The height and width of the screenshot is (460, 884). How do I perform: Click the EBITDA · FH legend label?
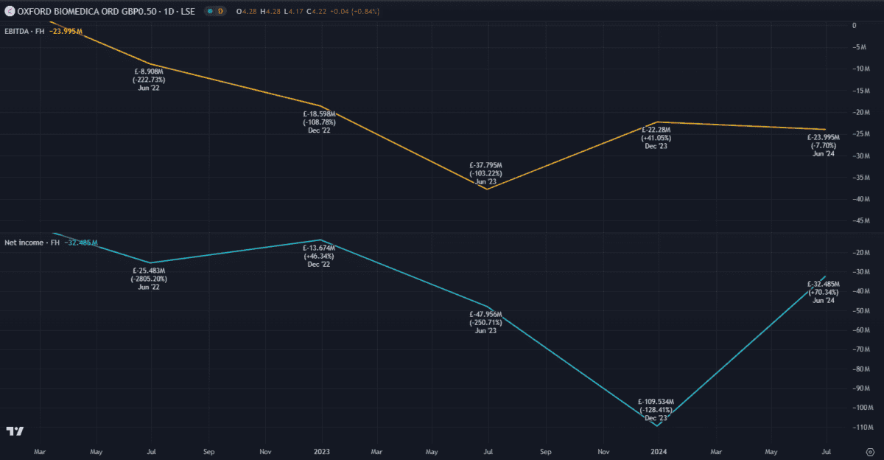[x=24, y=31]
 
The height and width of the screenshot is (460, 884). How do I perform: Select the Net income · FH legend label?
[x=31, y=242]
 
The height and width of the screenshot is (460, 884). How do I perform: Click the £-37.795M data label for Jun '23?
[x=485, y=166]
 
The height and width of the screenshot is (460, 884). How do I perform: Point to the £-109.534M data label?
[x=656, y=402]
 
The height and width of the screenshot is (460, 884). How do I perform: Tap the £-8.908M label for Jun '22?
[x=150, y=72]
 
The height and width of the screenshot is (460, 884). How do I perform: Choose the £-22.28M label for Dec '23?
[x=656, y=130]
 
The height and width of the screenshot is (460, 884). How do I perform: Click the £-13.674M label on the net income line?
[x=320, y=248]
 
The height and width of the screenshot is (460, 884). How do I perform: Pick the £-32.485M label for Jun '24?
[x=824, y=285]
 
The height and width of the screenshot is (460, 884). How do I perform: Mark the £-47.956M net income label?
[x=487, y=315]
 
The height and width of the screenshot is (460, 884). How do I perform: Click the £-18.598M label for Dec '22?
[x=320, y=114]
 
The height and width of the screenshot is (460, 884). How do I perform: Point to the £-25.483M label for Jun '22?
[x=149, y=271]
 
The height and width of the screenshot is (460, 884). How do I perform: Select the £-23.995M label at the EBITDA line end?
[x=824, y=138]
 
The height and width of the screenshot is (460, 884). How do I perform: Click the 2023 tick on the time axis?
[x=321, y=451]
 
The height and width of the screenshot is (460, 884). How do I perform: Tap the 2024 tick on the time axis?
[x=658, y=451]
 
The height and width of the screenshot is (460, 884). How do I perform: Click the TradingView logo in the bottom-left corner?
[x=15, y=431]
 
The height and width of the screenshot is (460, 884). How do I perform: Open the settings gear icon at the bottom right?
[x=870, y=451]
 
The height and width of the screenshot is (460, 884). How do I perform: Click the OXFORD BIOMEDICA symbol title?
[x=105, y=12]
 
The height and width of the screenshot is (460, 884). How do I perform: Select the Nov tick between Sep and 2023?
[x=265, y=451]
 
